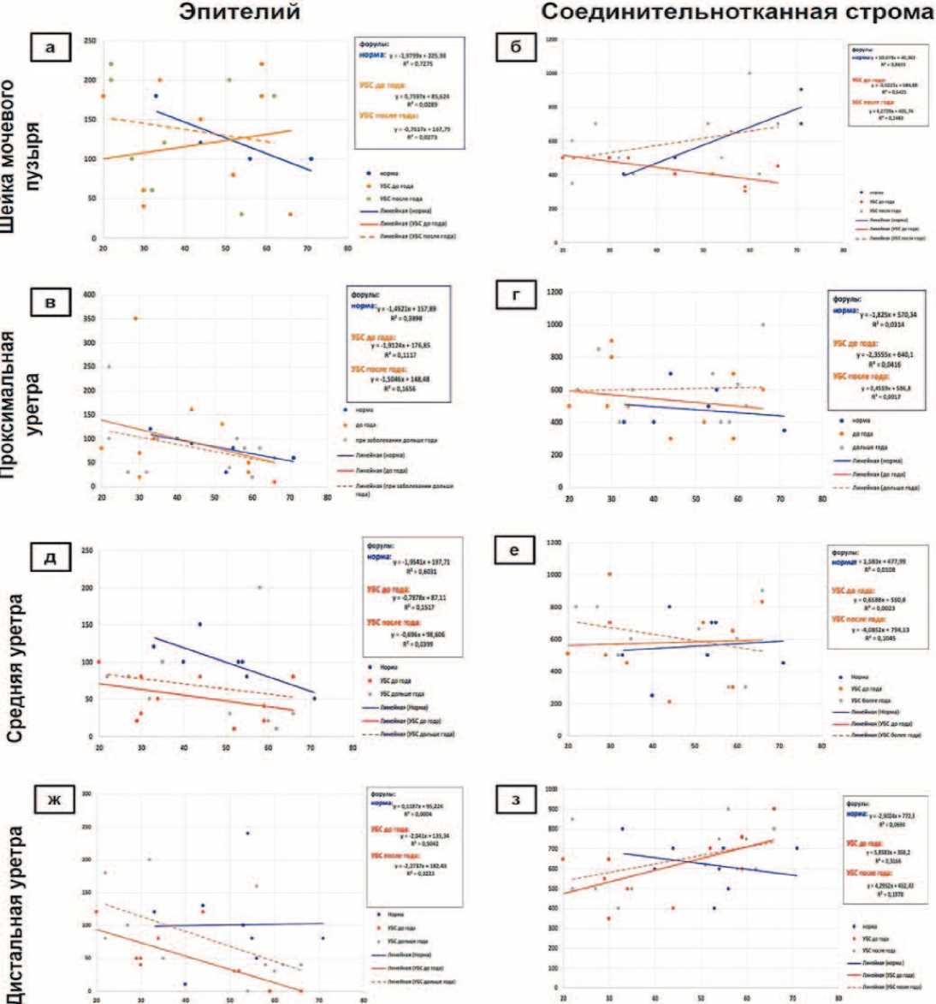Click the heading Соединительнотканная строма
click(737, 14)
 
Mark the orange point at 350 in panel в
click(135, 318)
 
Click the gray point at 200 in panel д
click(260, 587)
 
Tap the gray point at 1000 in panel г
click(762, 324)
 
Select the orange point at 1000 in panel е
click(609, 574)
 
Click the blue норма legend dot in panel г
click(843, 420)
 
